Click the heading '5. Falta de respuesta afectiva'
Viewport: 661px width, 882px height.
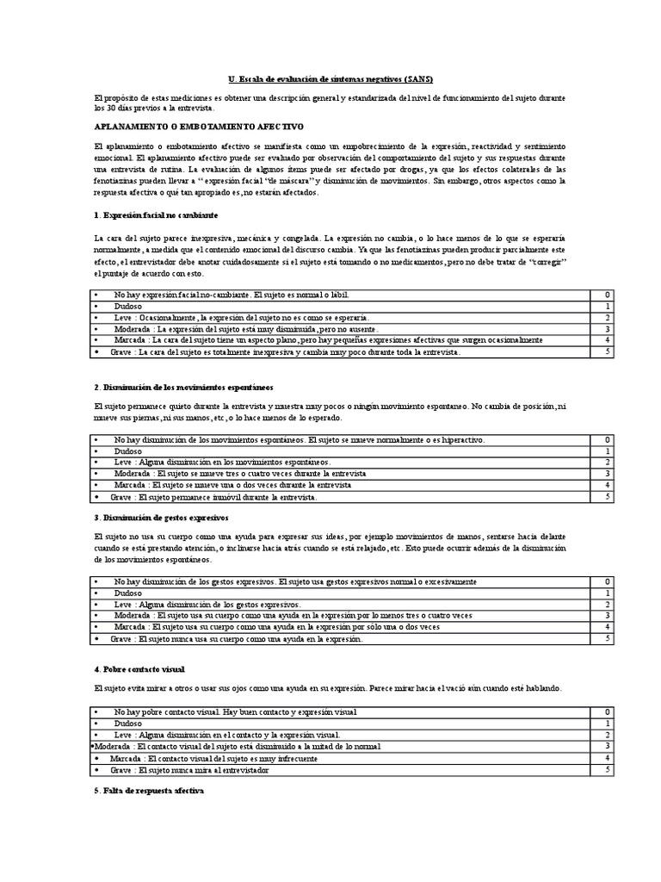(147, 791)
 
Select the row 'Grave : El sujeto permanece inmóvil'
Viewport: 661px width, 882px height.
(214, 497)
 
